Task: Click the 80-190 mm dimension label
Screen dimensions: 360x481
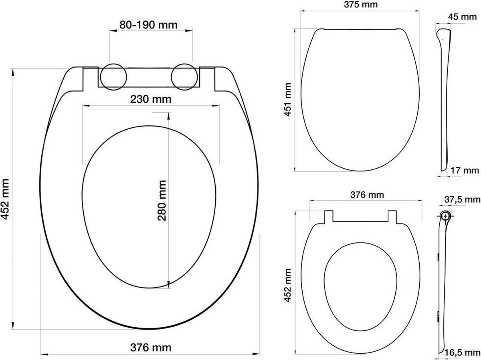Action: click(148, 25)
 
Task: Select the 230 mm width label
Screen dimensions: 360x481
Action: click(151, 99)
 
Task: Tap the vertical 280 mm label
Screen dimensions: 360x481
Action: click(162, 200)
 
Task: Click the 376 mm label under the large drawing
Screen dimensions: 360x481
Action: click(151, 347)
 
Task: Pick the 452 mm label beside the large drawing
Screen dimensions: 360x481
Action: click(6, 199)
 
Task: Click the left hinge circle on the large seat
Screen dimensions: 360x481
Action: click(113, 76)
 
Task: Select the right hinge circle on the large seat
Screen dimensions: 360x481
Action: click(185, 76)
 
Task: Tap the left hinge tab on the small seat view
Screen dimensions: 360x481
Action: click(328, 215)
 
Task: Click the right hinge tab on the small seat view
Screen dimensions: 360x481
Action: click(394, 215)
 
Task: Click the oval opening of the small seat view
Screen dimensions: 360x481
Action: click(361, 286)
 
